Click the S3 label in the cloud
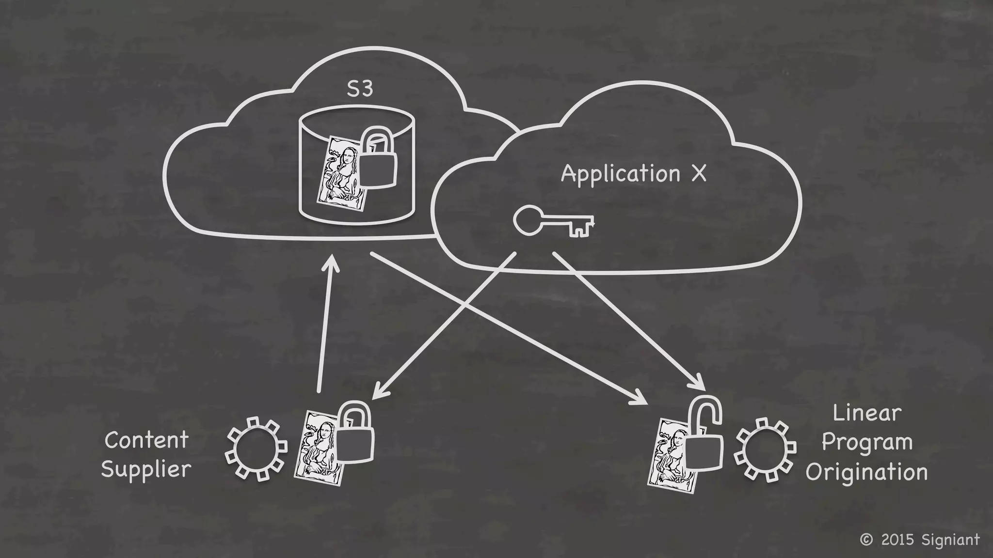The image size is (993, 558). click(360, 89)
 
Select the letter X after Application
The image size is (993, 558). click(699, 173)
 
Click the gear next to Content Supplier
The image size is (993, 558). click(256, 448)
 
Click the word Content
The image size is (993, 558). click(146, 440)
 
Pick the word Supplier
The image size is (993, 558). click(146, 469)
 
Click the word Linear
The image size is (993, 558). click(866, 413)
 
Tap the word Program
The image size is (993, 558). click(867, 443)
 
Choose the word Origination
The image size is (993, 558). click(866, 472)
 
